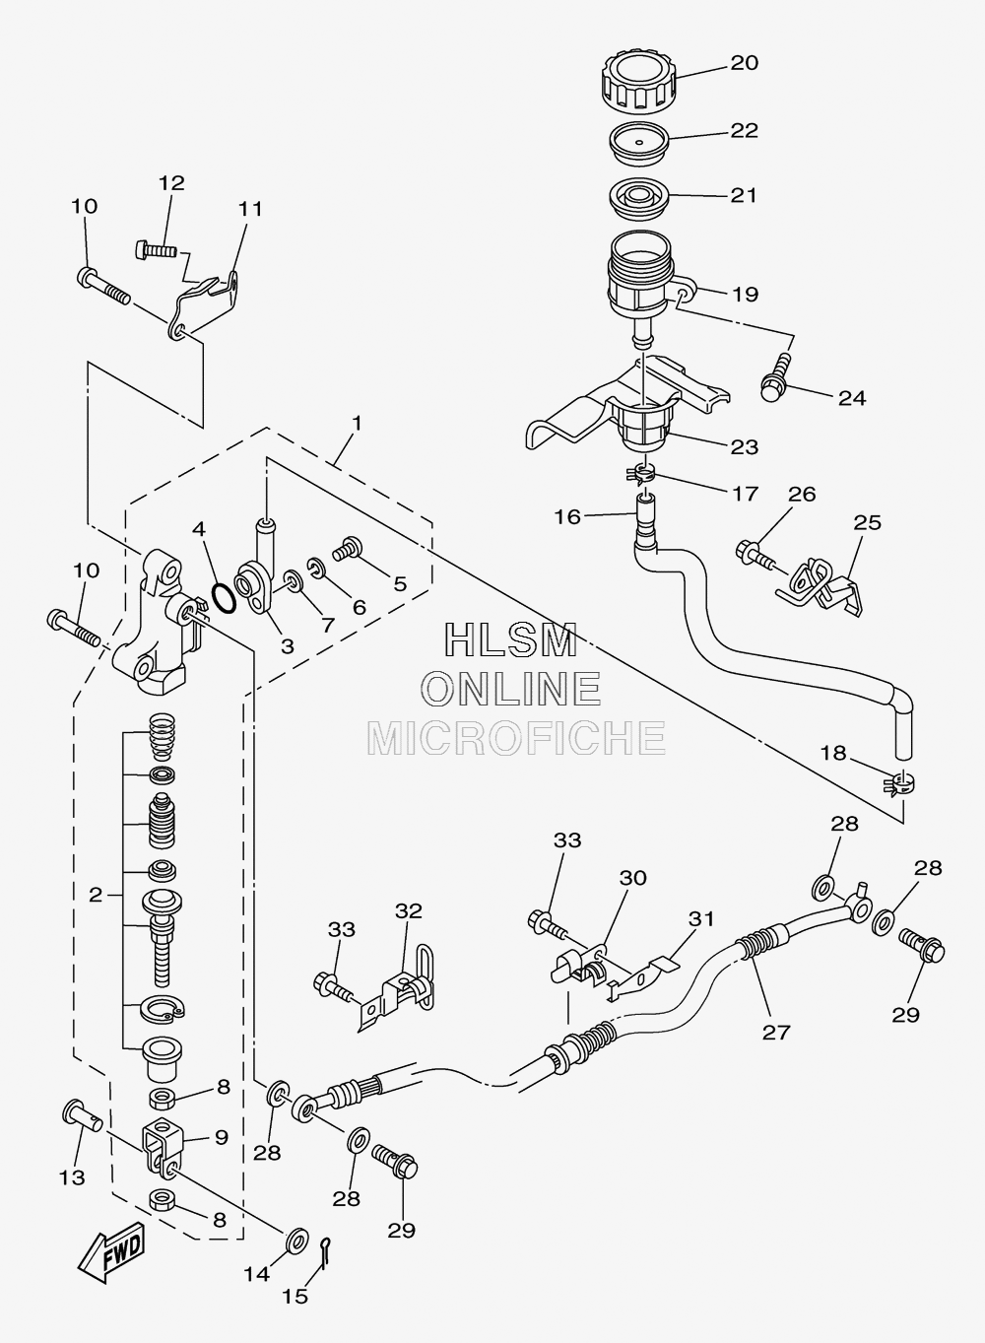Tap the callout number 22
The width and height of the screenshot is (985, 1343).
pyautogui.click(x=744, y=131)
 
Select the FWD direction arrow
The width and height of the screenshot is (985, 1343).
pyautogui.click(x=112, y=1253)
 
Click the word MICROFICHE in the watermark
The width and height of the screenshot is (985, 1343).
pyautogui.click(x=516, y=738)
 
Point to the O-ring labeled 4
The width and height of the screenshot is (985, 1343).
pyautogui.click(x=224, y=598)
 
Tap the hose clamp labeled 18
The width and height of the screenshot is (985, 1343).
pyautogui.click(x=899, y=783)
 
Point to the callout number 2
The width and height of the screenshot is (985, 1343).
pyautogui.click(x=96, y=895)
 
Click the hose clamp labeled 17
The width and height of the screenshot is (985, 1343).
pyautogui.click(x=639, y=474)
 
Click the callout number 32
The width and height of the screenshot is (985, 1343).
pyautogui.click(x=408, y=910)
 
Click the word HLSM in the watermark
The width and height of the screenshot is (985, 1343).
pyautogui.click(x=511, y=639)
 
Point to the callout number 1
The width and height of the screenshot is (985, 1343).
pyautogui.click(x=357, y=424)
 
